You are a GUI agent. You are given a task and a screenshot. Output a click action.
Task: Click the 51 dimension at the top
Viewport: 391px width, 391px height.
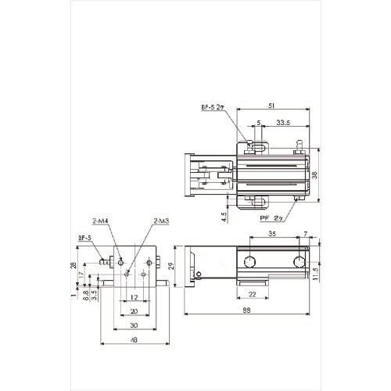[271, 106]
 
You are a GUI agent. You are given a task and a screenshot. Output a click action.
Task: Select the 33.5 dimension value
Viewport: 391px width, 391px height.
[283, 123]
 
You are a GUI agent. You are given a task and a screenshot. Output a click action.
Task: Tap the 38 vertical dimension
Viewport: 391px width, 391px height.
[315, 174]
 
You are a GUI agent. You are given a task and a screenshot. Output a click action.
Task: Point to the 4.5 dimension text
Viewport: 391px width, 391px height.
[224, 217]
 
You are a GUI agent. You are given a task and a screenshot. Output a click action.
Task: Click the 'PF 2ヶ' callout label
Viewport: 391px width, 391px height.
[271, 218]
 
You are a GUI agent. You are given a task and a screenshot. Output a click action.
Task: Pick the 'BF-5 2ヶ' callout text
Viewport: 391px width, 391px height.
[213, 107]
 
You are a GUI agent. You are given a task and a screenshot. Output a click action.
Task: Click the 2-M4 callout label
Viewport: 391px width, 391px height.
[100, 221]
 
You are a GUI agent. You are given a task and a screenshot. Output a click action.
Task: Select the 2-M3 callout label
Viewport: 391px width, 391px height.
[161, 221]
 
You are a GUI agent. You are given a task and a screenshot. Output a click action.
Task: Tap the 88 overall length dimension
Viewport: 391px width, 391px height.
[246, 310]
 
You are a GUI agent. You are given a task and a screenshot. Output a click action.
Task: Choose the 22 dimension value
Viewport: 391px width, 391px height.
[253, 294]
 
